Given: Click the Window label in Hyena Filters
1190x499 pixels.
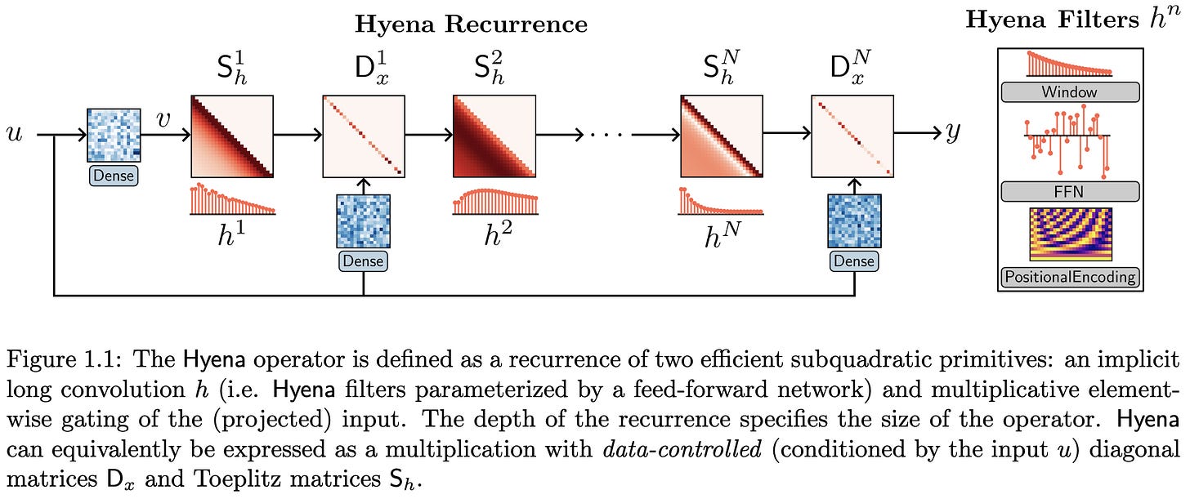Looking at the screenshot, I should (x=1069, y=92).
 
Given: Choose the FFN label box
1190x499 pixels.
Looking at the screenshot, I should (x=1069, y=192).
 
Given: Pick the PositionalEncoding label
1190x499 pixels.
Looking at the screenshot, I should (x=1069, y=277).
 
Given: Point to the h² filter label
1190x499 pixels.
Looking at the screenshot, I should (x=494, y=234).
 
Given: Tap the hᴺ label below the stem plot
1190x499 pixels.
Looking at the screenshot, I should (x=721, y=235).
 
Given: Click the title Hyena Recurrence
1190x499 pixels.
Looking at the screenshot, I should (x=471, y=25).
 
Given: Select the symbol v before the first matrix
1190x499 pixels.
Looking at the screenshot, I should (x=163, y=121).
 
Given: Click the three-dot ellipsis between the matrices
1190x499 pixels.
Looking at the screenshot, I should (x=606, y=136).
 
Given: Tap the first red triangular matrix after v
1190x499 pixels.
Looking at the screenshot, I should (x=232, y=136).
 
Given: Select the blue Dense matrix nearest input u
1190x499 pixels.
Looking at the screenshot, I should (x=114, y=136).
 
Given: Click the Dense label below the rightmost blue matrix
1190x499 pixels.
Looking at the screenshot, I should (x=854, y=261).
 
